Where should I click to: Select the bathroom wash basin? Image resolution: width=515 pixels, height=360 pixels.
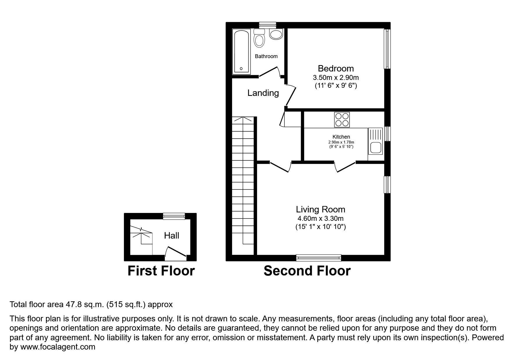click(276, 34)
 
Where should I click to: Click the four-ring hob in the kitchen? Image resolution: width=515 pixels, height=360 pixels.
click(342, 120)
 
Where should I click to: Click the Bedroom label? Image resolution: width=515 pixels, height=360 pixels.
click(336, 69)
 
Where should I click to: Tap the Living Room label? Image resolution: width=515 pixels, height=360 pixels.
click(320, 209)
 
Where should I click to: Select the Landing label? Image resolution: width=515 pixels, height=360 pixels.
click(263, 93)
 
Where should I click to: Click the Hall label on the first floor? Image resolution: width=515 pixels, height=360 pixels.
click(171, 236)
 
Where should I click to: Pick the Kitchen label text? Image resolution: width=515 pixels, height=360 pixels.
click(341, 137)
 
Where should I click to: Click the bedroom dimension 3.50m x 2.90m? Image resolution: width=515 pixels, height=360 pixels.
click(336, 78)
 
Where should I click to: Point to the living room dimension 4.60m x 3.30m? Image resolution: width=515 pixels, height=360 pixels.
click(320, 218)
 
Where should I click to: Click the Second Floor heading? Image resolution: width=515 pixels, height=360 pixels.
click(307, 271)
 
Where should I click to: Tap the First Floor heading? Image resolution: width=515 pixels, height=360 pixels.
click(161, 271)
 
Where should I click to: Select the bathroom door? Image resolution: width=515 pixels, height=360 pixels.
click(269, 72)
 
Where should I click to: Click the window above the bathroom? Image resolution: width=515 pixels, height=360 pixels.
click(268, 25)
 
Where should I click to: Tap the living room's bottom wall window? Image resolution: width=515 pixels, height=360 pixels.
click(318, 257)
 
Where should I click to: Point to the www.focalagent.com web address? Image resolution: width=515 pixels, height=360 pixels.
click(58, 347)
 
